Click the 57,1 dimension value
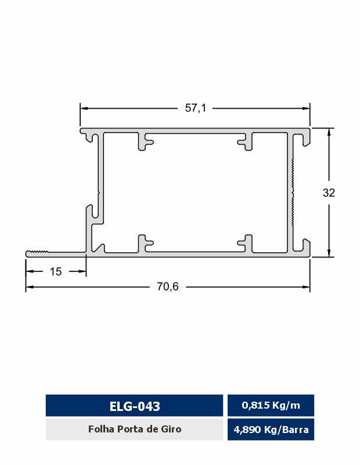196,108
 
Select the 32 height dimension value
329,193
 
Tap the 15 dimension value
56,271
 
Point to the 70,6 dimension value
168,287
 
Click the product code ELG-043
135,406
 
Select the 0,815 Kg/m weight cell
271,405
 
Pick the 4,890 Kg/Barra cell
271,430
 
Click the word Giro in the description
172,429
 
